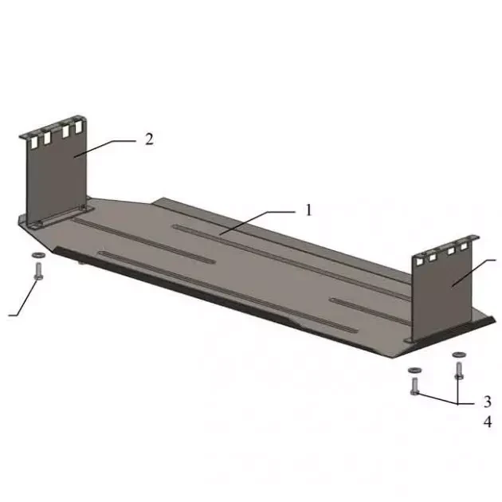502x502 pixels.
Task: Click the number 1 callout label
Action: (x=308, y=210)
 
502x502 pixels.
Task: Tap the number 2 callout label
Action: (x=149, y=139)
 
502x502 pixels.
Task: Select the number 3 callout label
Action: (x=488, y=402)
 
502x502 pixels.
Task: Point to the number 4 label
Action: (x=488, y=422)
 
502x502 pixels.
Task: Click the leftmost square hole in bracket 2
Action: (x=34, y=143)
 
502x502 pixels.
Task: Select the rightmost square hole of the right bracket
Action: (x=464, y=246)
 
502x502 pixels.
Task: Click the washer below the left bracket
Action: (x=38, y=255)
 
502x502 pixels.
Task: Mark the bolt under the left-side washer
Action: (x=38, y=271)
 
